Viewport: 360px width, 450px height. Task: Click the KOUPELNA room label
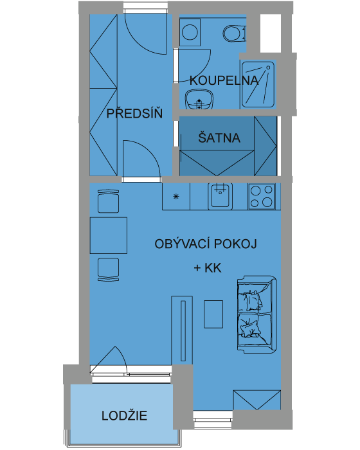point(224,80)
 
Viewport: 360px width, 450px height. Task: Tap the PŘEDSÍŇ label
point(134,114)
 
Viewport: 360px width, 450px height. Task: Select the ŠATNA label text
point(219,138)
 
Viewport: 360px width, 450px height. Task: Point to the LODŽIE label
point(124,415)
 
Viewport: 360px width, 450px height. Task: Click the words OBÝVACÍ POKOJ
point(206,244)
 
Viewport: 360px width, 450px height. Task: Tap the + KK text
point(208,268)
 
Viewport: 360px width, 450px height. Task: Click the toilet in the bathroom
point(235,33)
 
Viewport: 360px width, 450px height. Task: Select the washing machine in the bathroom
point(190,32)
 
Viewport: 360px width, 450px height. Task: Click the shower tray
point(258,84)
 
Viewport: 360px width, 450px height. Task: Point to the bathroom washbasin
point(199,99)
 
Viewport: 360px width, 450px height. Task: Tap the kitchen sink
point(221,196)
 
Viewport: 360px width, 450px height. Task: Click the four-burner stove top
point(262,196)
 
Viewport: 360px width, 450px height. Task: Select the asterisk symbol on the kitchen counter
point(176,197)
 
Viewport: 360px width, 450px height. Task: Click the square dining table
point(109,235)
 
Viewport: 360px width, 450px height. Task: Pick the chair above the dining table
point(108,201)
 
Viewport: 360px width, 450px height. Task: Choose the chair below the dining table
point(108,269)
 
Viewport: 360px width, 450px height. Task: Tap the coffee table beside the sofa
point(213,314)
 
